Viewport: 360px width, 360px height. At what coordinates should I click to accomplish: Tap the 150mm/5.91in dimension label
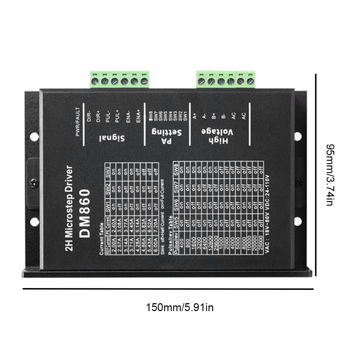point(180,308)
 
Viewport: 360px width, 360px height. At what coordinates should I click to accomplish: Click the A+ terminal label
point(195,116)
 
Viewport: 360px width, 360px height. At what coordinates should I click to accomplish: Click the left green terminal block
point(120,79)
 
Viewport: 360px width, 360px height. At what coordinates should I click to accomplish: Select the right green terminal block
point(225,79)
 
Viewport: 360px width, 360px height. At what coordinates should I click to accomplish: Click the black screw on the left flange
point(34,183)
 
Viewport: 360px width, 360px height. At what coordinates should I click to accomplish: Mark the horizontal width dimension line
point(168,289)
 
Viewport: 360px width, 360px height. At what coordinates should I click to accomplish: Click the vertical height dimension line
point(316,175)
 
